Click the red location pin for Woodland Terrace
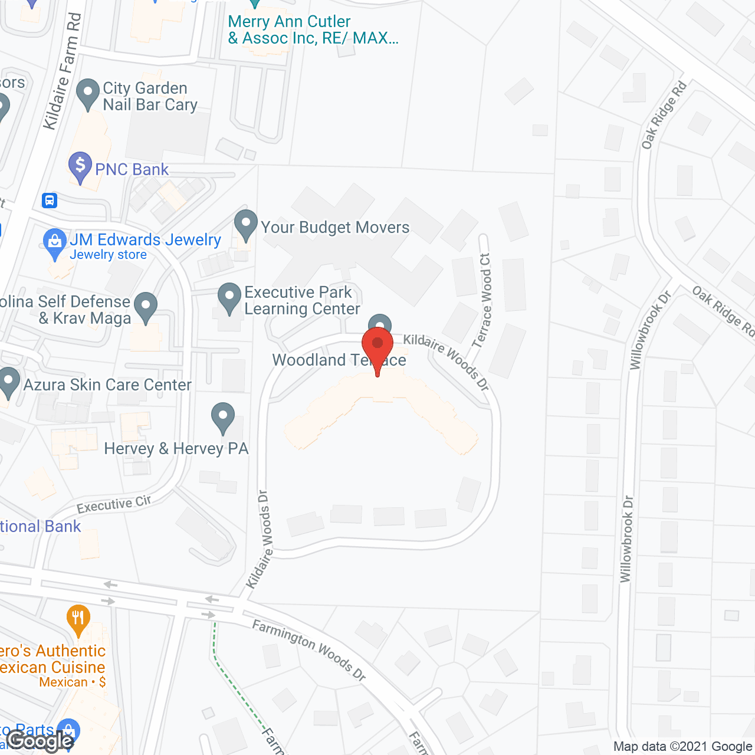coord(377,347)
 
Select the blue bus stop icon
coord(50,201)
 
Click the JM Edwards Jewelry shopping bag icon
coord(55,242)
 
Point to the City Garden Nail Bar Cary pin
coord(88,93)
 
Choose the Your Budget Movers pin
coord(246,224)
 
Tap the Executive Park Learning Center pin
coord(229,297)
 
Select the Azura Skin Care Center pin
coord(9,382)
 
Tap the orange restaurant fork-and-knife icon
coord(78,619)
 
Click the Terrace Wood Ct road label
coord(482,301)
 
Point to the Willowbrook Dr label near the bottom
coord(627,539)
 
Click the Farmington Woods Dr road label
coord(310,649)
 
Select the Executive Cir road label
coord(114,504)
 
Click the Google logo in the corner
coord(40,741)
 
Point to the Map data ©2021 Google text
coord(682,747)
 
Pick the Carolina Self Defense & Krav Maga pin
coord(146,307)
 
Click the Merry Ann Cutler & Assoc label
coord(313,30)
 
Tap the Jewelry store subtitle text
coord(108,255)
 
